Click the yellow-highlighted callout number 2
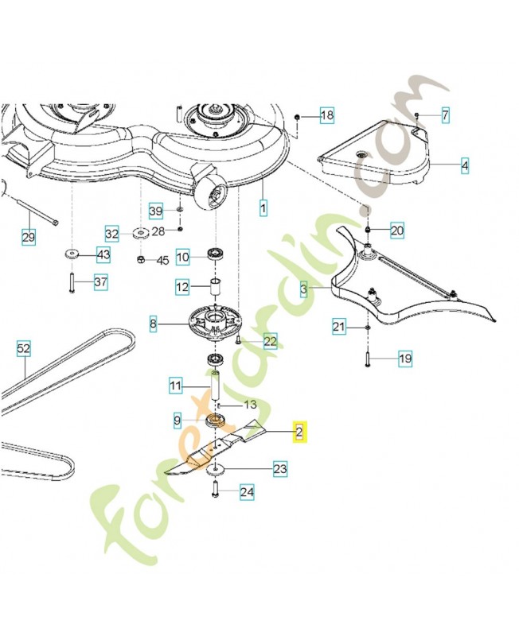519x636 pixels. (x=299, y=432)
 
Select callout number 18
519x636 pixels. (x=327, y=115)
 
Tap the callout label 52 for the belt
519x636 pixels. (x=24, y=348)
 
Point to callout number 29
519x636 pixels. (x=29, y=236)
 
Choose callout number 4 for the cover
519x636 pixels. (x=465, y=166)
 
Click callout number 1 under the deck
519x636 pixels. (x=263, y=208)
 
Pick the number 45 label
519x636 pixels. (x=162, y=260)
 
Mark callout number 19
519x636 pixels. (x=405, y=359)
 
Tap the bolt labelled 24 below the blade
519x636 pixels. (x=215, y=489)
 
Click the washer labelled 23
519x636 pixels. (x=214, y=470)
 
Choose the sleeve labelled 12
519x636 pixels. (x=214, y=287)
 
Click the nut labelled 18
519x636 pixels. (x=297, y=117)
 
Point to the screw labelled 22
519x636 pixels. (x=237, y=340)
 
